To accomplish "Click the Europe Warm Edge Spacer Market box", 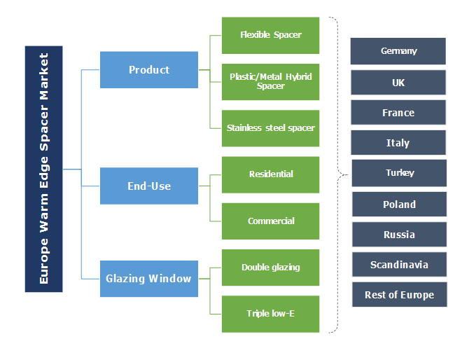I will click(x=43, y=169).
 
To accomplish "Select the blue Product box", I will click(x=148, y=70).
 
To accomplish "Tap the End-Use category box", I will click(x=148, y=186).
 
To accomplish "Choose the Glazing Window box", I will click(x=148, y=279).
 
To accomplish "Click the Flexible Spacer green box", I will click(x=270, y=35).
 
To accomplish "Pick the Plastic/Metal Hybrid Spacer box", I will click(x=270, y=81).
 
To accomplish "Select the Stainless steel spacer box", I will click(x=270, y=128).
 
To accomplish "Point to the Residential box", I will click(x=270, y=174).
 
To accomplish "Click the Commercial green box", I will click(x=270, y=221).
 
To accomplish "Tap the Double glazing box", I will click(x=270, y=268).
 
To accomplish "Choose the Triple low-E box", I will click(x=270, y=314).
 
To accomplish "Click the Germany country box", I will click(x=398, y=51).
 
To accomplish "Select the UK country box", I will click(x=398, y=83).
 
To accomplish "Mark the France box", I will click(x=398, y=113).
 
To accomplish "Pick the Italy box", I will click(x=398, y=143).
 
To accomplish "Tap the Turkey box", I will click(x=399, y=173).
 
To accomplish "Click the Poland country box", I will click(x=399, y=205).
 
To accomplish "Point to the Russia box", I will click(x=399, y=235).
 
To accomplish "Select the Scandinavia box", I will click(x=399, y=265).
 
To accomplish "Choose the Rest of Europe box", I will click(x=399, y=295).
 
